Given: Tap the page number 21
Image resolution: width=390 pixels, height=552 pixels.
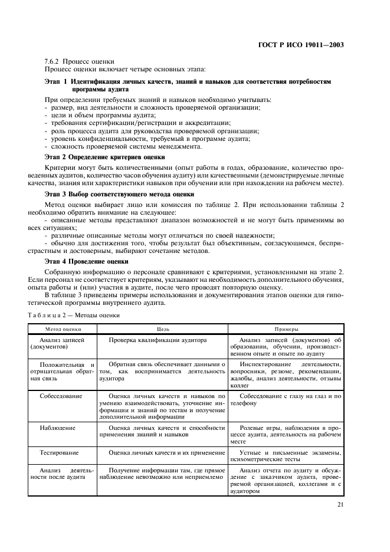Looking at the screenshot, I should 340,504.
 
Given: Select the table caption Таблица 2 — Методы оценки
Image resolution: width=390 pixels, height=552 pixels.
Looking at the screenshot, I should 82,315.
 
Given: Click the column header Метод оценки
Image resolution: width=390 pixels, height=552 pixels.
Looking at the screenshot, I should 64,329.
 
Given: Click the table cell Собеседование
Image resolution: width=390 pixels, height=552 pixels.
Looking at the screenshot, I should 61,396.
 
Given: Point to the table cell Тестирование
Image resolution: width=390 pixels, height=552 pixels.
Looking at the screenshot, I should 59,452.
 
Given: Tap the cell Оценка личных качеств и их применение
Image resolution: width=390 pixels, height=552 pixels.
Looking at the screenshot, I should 163,452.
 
